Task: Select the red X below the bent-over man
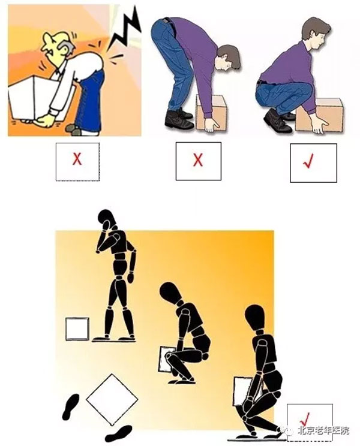(197, 159)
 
